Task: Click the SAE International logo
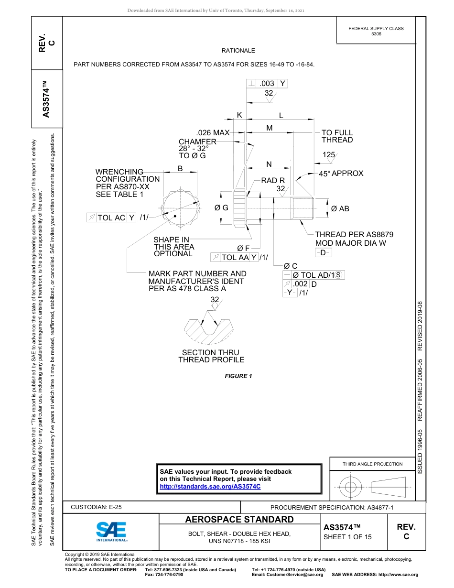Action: point(112,531)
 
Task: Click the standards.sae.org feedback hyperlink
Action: point(210,486)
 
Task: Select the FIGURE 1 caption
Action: point(238,376)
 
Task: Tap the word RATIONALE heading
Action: point(238,51)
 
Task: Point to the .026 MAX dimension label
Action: point(213,132)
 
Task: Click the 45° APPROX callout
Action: point(341,174)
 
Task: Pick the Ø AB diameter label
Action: point(340,209)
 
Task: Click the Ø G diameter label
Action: point(221,208)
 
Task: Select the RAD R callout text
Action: point(273,181)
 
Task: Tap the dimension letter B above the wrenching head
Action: point(180,168)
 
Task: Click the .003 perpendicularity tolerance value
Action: point(267,84)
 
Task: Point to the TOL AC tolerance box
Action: point(111,218)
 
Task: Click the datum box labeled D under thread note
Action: point(323,252)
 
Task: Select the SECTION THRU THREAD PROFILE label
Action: point(211,356)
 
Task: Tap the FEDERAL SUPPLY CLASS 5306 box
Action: point(376,31)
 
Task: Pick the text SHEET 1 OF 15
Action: point(347,537)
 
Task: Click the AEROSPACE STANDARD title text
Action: point(239,520)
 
